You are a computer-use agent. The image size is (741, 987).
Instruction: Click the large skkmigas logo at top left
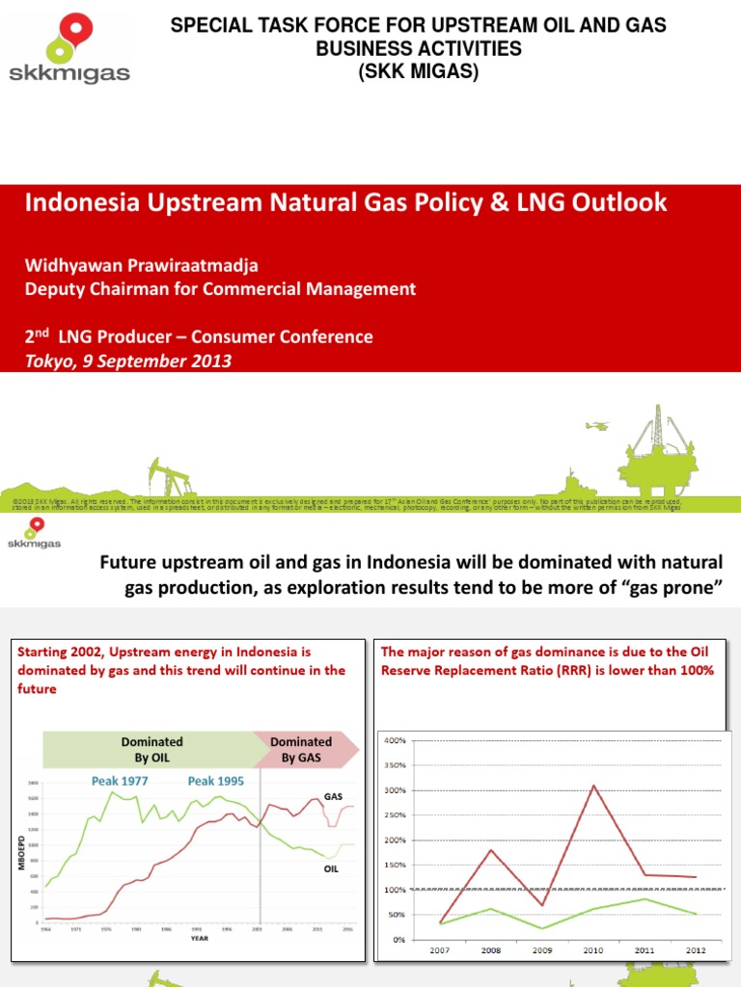[67, 48]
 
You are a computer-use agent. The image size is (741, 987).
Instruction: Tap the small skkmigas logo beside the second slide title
[35, 533]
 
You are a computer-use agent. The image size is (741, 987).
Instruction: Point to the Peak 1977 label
[120, 781]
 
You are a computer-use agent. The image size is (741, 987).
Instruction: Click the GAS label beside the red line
[334, 797]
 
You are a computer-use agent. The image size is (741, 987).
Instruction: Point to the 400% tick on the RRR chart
[396, 740]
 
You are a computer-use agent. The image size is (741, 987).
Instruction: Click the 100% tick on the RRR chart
[396, 890]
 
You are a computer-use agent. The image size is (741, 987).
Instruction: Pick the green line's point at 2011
[645, 899]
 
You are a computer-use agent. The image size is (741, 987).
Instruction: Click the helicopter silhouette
[595, 425]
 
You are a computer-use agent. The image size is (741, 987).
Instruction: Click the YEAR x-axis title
[198, 936]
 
